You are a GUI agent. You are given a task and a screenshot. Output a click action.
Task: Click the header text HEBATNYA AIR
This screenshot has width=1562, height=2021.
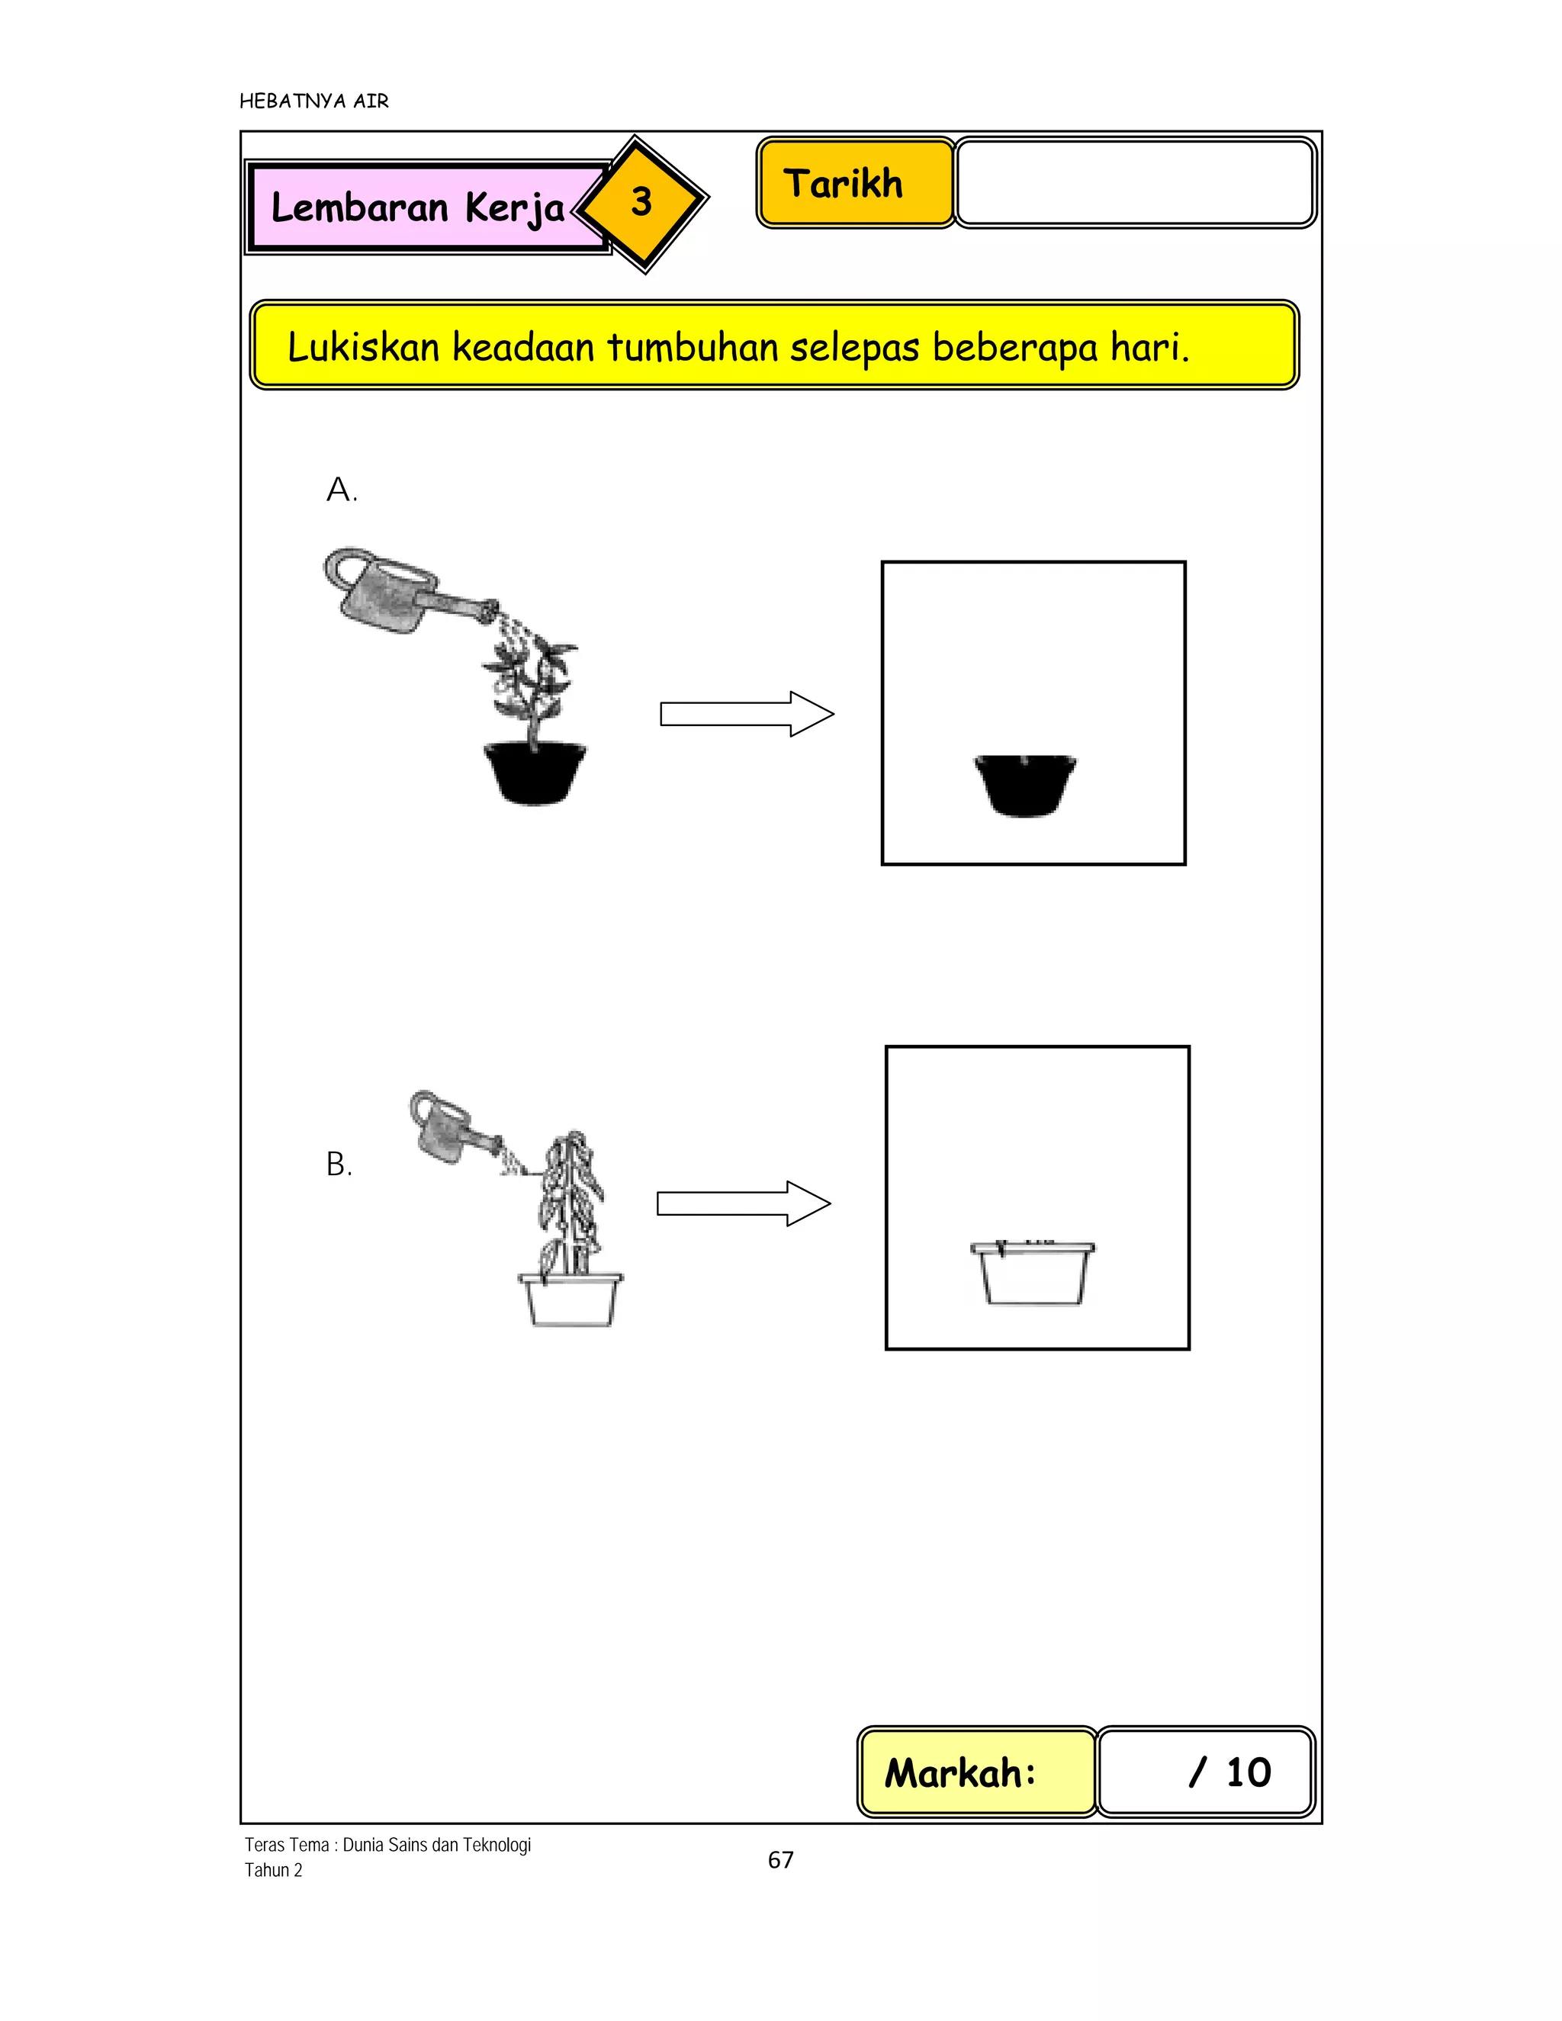pyautogui.click(x=313, y=101)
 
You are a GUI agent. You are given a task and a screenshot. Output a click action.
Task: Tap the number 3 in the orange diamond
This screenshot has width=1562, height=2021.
pyautogui.click(x=641, y=202)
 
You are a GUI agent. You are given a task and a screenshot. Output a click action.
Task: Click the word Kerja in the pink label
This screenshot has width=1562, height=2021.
pyautogui.click(x=515, y=208)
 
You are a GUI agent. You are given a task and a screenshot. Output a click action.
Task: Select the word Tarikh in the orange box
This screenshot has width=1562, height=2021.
pyautogui.click(x=843, y=183)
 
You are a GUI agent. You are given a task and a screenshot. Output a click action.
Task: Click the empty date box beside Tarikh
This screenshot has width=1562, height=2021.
pyautogui.click(x=1134, y=182)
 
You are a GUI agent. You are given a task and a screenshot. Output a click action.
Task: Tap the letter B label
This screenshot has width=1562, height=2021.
pyautogui.click(x=339, y=1164)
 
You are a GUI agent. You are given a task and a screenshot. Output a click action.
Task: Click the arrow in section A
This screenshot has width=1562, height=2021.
pyautogui.click(x=746, y=714)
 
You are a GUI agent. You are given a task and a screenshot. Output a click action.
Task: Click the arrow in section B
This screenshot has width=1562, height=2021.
pyautogui.click(x=743, y=1203)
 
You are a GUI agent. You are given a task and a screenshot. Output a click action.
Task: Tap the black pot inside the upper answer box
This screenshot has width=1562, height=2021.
pyautogui.click(x=1025, y=785)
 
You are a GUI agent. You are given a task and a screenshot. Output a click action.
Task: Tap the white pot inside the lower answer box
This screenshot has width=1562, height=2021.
pyautogui.click(x=1033, y=1274)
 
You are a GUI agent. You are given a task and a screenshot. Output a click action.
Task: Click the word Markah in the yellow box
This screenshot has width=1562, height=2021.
pyautogui.click(x=959, y=1773)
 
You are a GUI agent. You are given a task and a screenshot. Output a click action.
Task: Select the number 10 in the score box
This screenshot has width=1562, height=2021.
pyautogui.click(x=1249, y=1772)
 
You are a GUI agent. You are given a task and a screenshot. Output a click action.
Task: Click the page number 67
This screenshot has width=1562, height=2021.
pyautogui.click(x=780, y=1860)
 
